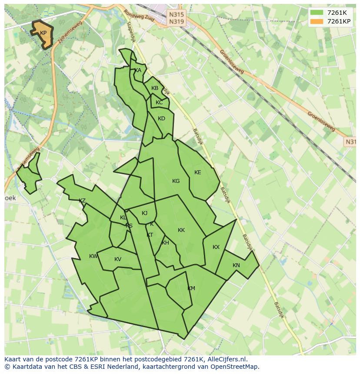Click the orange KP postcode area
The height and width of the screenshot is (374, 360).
click(x=43, y=34)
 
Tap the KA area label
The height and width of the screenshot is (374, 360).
click(x=138, y=70)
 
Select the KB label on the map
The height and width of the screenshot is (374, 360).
click(x=155, y=88)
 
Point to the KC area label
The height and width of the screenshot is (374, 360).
click(x=159, y=103)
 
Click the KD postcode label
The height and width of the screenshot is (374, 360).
click(x=161, y=119)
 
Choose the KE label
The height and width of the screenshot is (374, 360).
click(x=198, y=172)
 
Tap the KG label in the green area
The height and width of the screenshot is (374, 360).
click(x=176, y=181)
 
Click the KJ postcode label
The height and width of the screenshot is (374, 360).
click(x=145, y=213)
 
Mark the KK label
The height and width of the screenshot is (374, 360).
click(x=181, y=230)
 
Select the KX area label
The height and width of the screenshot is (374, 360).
click(x=216, y=247)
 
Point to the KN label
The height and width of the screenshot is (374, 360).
click(x=236, y=265)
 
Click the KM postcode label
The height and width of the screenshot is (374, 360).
click(x=191, y=288)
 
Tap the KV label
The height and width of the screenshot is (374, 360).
click(x=118, y=259)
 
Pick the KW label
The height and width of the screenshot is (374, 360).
click(x=93, y=256)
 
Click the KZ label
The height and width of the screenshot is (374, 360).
click(x=82, y=201)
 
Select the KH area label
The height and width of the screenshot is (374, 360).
click(x=165, y=243)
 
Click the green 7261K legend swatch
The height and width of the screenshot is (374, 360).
click(x=317, y=13)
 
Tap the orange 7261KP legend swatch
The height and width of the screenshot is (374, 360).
click(x=317, y=21)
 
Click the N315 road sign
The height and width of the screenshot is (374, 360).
click(x=177, y=14)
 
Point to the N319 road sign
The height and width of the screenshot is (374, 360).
click(x=177, y=21)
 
